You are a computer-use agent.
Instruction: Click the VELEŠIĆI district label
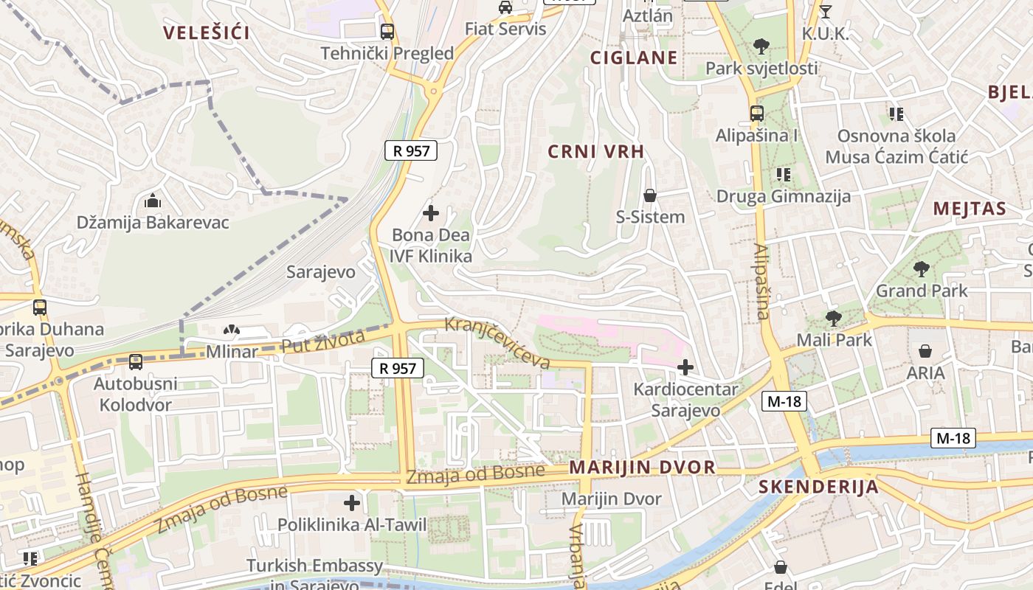[x=206, y=32]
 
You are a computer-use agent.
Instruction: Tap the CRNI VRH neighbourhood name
[x=596, y=151]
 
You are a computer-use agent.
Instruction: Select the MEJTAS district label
[x=970, y=208]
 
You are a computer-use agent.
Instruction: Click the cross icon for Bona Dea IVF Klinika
[x=431, y=214]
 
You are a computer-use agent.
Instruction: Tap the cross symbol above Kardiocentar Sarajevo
[x=685, y=367]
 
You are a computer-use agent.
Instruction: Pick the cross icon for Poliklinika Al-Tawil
[x=352, y=503]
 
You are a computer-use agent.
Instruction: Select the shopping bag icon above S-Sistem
[x=650, y=195]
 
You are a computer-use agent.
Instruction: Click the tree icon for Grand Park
[x=921, y=269]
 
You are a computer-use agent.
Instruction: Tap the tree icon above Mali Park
[x=834, y=319]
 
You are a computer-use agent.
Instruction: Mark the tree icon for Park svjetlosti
[x=761, y=46]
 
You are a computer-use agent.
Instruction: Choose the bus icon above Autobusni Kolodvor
[x=136, y=361]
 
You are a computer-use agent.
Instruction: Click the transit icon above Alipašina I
[x=757, y=114]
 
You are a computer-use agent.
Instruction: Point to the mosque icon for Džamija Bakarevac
[x=153, y=200]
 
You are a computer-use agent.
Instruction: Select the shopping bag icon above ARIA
[x=925, y=351]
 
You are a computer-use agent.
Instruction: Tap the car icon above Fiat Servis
[x=505, y=7]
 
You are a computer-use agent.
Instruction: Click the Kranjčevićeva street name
[x=497, y=343]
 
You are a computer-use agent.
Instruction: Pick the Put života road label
[x=323, y=341]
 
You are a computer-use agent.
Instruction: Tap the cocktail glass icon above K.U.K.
[x=826, y=12]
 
